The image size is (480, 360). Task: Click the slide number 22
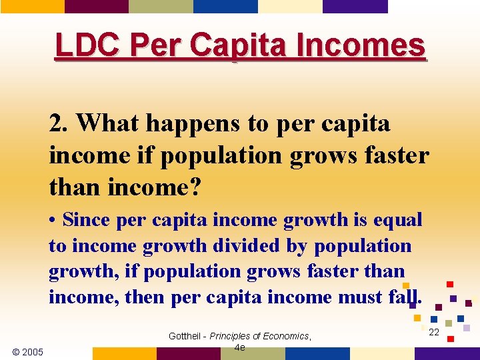click(x=434, y=332)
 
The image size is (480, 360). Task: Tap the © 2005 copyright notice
click(x=28, y=352)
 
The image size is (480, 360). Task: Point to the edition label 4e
click(x=241, y=347)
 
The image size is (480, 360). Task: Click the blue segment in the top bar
click(x=225, y=6)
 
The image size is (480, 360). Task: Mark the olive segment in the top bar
click(x=161, y=6)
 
